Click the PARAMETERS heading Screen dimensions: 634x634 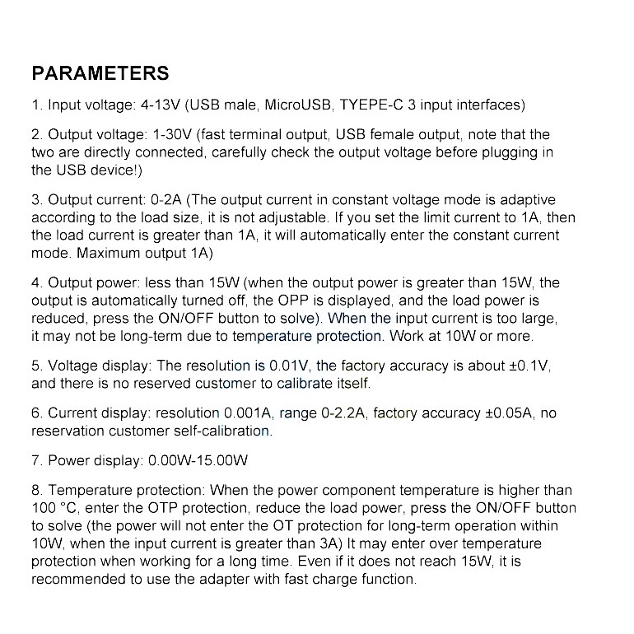(100, 73)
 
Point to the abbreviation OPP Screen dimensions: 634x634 (283, 301)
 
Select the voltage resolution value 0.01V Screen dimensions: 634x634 (291, 366)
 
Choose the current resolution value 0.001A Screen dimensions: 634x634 (249, 413)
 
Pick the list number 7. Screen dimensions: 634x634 (36, 460)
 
